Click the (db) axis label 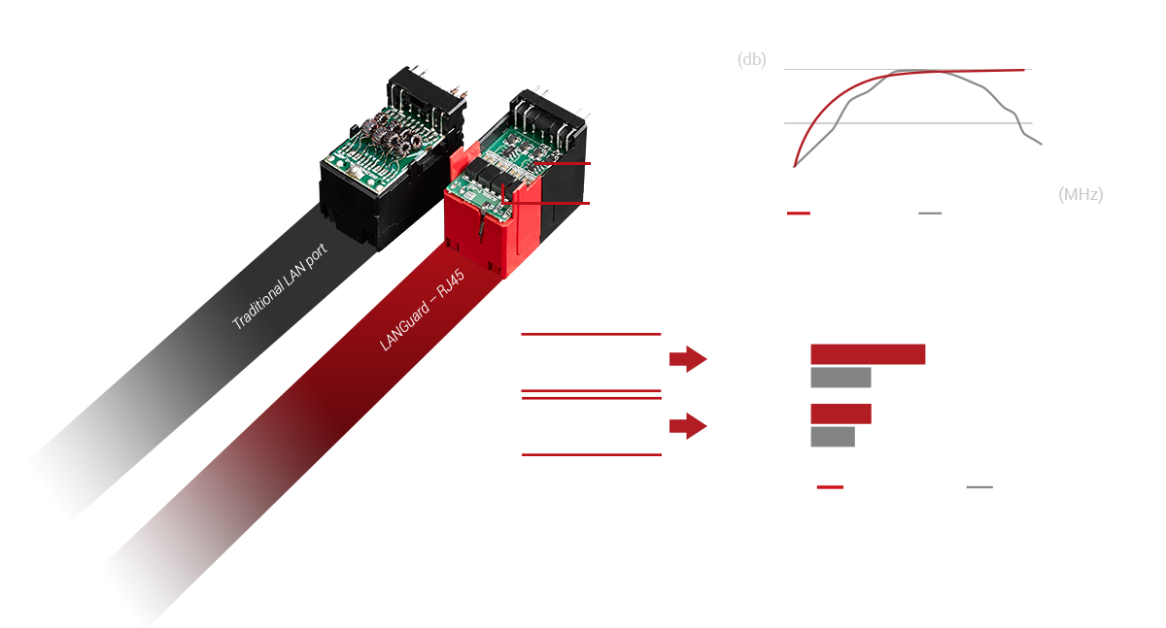[x=752, y=60]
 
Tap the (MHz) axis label [x=1080, y=194]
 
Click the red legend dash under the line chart [x=799, y=214]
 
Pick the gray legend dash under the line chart [x=930, y=214]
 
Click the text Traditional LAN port [x=280, y=286]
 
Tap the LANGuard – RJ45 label [x=422, y=311]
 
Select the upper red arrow [x=688, y=359]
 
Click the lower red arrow [x=688, y=426]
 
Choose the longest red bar [x=868, y=354]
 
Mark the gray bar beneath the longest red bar [x=840, y=378]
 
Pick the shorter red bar [x=840, y=413]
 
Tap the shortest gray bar [x=833, y=437]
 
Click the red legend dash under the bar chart [x=830, y=487]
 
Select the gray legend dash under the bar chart [x=979, y=487]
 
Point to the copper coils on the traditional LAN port [x=391, y=134]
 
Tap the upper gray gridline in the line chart [x=908, y=69]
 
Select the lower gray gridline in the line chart [x=908, y=123]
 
